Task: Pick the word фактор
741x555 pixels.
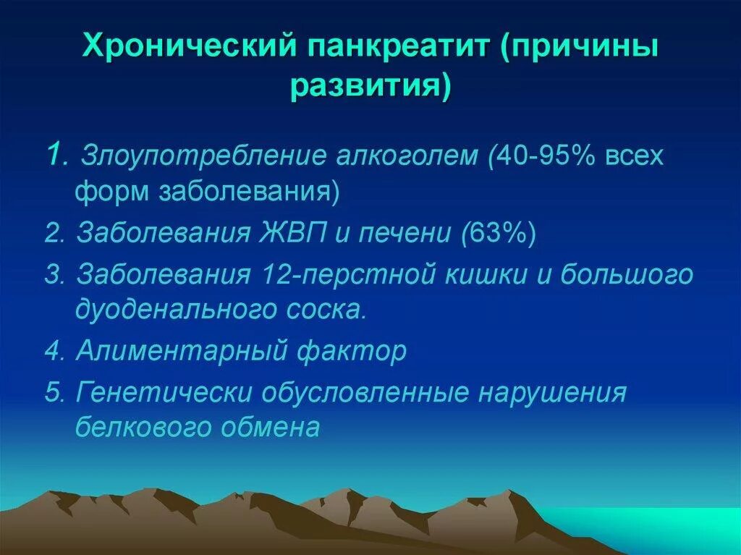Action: pos(352,352)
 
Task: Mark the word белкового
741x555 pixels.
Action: pos(138,427)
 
